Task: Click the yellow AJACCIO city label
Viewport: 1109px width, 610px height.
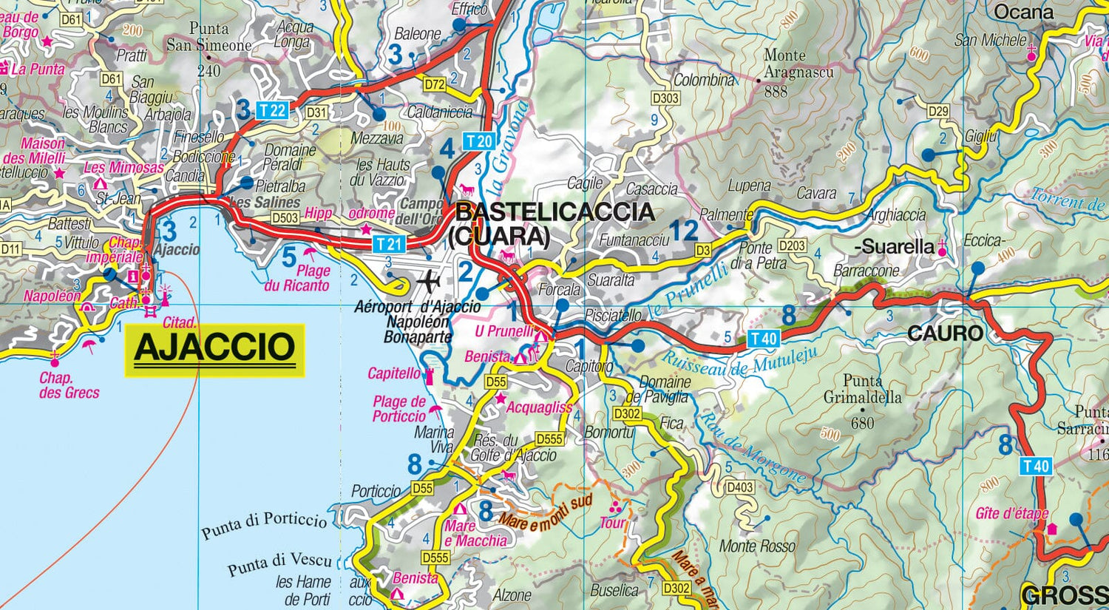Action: pyautogui.click(x=214, y=348)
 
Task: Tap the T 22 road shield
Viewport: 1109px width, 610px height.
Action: pyautogui.click(x=272, y=111)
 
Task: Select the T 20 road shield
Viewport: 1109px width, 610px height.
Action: pyautogui.click(x=478, y=140)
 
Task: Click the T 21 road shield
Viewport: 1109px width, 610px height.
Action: pyautogui.click(x=388, y=243)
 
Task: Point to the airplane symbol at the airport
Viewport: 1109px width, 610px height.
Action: pyautogui.click(x=428, y=282)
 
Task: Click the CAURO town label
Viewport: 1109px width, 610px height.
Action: pyautogui.click(x=946, y=333)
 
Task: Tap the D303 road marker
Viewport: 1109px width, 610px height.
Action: pyautogui.click(x=665, y=98)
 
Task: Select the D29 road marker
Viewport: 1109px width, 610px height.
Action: pyautogui.click(x=937, y=111)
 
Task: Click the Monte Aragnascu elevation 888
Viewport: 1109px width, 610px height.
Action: pyautogui.click(x=776, y=92)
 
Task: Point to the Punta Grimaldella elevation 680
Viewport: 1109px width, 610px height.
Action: pyautogui.click(x=862, y=423)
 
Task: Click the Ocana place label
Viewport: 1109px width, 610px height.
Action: pyautogui.click(x=1023, y=13)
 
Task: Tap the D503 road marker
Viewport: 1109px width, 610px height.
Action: pyautogui.click(x=285, y=218)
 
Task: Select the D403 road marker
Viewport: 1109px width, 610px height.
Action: pyautogui.click(x=740, y=487)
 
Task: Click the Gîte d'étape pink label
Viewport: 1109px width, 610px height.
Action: pyautogui.click(x=1011, y=513)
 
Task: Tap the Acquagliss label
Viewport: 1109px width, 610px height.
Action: pyautogui.click(x=539, y=407)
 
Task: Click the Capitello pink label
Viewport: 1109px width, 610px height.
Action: pyautogui.click(x=394, y=373)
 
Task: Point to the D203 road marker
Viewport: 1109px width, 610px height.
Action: pyautogui.click(x=792, y=245)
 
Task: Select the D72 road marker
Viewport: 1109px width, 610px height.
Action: pyautogui.click(x=434, y=84)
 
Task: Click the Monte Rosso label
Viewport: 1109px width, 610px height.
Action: pyautogui.click(x=757, y=546)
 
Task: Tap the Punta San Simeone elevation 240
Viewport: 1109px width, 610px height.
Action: pyautogui.click(x=209, y=71)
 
